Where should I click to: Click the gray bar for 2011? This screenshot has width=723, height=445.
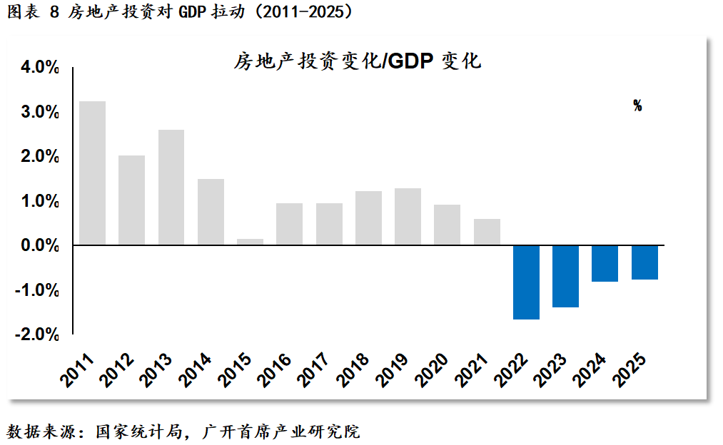(92, 173)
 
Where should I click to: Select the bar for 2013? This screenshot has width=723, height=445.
(171, 187)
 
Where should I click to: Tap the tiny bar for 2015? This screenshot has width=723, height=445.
(250, 242)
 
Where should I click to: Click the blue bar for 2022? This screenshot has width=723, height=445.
(526, 282)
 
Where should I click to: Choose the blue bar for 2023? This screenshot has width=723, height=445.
(565, 277)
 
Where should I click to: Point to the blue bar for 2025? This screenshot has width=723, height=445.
(644, 262)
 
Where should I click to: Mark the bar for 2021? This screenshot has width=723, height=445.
(487, 232)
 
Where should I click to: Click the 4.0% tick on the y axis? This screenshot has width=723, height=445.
(40, 68)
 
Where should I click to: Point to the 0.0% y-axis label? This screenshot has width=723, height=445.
(40, 246)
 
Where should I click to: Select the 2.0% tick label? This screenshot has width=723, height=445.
(40, 157)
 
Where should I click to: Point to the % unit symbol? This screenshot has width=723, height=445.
(637, 106)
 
